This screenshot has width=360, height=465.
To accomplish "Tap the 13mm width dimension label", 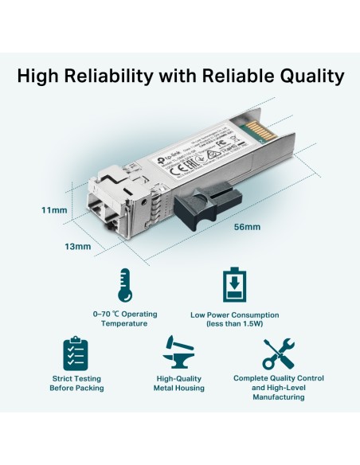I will click(78, 246).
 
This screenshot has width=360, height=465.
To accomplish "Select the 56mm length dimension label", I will click(248, 227).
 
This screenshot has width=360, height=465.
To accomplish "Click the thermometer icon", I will click(123, 286).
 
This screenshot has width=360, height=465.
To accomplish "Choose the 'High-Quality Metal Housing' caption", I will click(179, 383).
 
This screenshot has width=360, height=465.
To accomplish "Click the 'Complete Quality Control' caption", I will click(280, 383).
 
